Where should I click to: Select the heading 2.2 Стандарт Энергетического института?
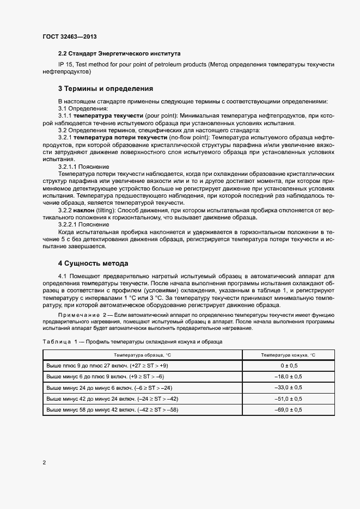[x=119, y=54]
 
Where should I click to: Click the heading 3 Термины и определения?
[x=105, y=88]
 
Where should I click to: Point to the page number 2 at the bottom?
[x=44, y=463]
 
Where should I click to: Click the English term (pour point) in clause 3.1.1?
[x=161, y=116]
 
